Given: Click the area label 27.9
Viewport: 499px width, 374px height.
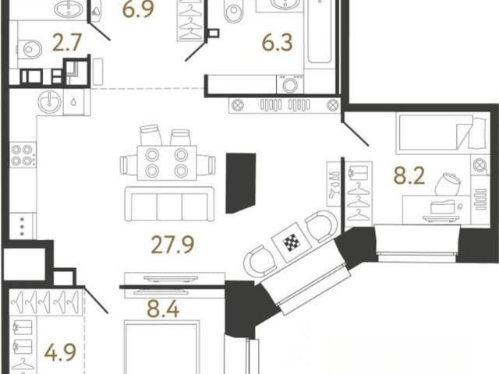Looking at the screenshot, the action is tap(172, 245).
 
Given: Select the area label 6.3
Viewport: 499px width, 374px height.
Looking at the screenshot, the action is tap(277, 43).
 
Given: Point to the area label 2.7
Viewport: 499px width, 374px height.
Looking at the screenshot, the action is tap(67, 43).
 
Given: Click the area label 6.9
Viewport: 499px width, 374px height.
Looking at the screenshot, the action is tap(139, 9).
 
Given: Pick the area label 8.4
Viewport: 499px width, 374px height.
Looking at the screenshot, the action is tap(163, 309).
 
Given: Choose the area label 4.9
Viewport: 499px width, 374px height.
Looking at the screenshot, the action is tap(60, 352).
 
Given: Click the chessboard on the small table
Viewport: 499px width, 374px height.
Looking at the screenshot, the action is tap(292, 243).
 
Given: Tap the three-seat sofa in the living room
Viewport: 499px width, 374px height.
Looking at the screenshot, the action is tap(169, 203).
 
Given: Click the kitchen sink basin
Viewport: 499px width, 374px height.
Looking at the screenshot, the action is tap(50, 101).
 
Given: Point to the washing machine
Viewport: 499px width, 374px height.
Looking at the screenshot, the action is tap(290, 84).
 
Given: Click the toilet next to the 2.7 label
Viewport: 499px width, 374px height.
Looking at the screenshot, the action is tap(30, 49).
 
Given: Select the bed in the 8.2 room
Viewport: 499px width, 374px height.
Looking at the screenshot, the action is tap(442, 133).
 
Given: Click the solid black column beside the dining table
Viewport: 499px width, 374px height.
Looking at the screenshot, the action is tap(241, 183).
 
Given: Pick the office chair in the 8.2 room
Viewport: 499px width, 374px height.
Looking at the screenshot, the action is tap(448, 185).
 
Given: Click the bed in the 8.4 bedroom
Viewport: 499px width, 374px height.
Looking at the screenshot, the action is tap(161, 348).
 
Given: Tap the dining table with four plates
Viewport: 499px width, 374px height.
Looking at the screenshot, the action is tap(167, 163).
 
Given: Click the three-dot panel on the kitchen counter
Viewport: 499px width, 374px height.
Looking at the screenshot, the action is tap(23, 226).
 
